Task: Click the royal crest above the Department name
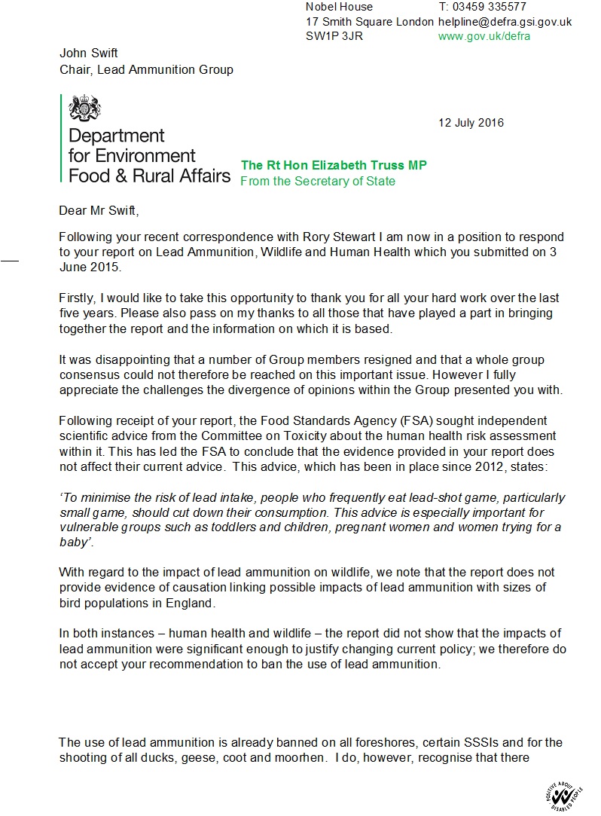(x=84, y=108)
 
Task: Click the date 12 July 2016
(x=471, y=123)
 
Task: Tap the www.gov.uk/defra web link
(x=484, y=36)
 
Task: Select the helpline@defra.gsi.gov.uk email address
(x=505, y=22)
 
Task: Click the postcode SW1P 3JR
(x=334, y=36)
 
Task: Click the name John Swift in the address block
(x=89, y=53)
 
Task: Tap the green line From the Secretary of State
(x=317, y=181)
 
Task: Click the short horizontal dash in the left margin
(x=9, y=260)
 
